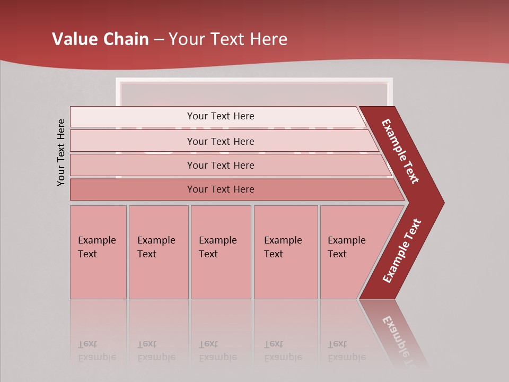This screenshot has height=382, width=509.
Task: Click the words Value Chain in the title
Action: pyautogui.click(x=100, y=39)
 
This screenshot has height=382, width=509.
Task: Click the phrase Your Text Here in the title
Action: pyautogui.click(x=228, y=39)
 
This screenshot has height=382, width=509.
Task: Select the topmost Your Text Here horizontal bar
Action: pyautogui.click(x=220, y=116)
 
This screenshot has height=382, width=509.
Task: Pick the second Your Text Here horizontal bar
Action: pyautogui.click(x=220, y=141)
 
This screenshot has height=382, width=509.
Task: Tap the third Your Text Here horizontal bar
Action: pyautogui.click(x=220, y=165)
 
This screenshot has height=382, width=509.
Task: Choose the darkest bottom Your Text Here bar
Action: pyautogui.click(x=220, y=189)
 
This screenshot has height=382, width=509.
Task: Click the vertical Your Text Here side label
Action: pyautogui.click(x=61, y=152)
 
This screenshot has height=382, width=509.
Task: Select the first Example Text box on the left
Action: pyautogui.click(x=98, y=251)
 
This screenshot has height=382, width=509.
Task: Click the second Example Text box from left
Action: pyautogui.click(x=158, y=251)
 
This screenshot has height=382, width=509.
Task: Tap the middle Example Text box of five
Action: pyautogui.click(x=221, y=251)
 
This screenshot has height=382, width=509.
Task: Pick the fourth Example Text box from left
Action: pyautogui.click(x=285, y=251)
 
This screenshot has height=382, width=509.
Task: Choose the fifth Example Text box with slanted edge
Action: pyautogui.click(x=350, y=251)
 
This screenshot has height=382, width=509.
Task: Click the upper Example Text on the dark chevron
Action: pyautogui.click(x=400, y=151)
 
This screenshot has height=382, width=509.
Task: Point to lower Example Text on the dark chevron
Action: pyautogui.click(x=402, y=251)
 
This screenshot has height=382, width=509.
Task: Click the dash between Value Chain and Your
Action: pyautogui.click(x=159, y=40)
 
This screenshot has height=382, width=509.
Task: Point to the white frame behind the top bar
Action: pyautogui.click(x=254, y=81)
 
